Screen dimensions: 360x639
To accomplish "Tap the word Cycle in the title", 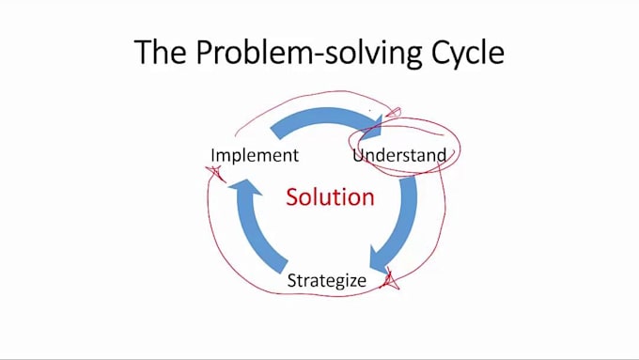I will (x=465, y=53).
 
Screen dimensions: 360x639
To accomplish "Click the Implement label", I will (x=254, y=155).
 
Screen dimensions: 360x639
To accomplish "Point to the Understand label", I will (x=399, y=155).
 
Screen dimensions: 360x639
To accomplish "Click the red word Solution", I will (x=330, y=197).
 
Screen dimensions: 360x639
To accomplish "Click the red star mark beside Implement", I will (x=214, y=173).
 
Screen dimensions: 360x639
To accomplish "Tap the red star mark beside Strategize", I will (x=390, y=279).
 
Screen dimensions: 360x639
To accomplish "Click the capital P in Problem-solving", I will (x=204, y=52).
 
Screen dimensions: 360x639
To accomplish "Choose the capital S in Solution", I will (x=292, y=197).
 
